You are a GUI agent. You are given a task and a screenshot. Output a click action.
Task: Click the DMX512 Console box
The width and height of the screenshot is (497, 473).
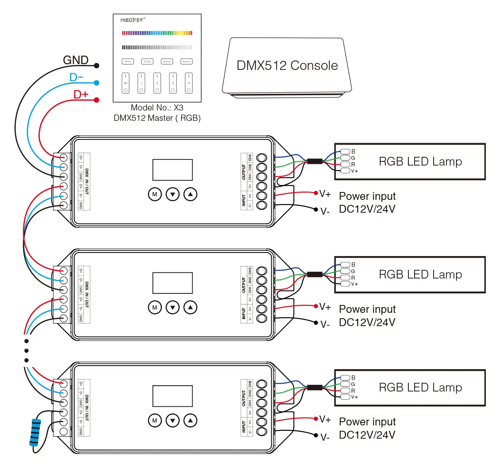coord(287,66)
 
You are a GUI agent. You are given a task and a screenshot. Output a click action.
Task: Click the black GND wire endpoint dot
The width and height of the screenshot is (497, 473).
coord(97,65)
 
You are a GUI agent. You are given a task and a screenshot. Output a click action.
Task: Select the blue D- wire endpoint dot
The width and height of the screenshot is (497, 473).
coord(97,83)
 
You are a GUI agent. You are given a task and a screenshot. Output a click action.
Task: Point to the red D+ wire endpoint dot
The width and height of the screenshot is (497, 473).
coord(97,100)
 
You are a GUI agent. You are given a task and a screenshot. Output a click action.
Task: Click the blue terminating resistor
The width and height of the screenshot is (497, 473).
coord(36,432)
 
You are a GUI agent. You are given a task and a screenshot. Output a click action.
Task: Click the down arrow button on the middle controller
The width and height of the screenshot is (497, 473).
coord(173,307)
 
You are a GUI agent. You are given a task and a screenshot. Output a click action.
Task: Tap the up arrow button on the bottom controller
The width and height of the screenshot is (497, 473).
coord(191,420)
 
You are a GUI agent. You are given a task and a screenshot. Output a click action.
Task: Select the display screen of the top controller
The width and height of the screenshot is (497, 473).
coord(173,170)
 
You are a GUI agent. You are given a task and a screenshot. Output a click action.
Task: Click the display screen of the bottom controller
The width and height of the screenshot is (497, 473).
coord(173,396)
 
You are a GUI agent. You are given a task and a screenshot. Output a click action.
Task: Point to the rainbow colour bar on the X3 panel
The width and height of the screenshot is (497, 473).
coord(157,33)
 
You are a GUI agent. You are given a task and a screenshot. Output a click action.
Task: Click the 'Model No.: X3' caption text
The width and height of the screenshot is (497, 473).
coord(157,108)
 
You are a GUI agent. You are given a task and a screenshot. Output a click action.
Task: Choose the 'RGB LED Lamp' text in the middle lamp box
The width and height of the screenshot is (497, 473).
coord(420,274)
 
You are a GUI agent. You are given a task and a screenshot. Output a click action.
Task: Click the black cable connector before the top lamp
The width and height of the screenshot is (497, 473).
coord(315,161)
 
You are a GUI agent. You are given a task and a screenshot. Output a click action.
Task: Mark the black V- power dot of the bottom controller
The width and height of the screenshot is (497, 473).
coord(316,435)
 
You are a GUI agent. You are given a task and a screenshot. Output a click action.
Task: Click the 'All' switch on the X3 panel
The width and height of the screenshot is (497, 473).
coord(125,83)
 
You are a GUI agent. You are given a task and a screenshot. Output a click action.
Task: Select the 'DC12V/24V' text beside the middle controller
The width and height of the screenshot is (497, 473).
coord(367,322)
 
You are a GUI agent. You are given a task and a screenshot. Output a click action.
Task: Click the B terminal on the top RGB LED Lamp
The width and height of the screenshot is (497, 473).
coord(345,151)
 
